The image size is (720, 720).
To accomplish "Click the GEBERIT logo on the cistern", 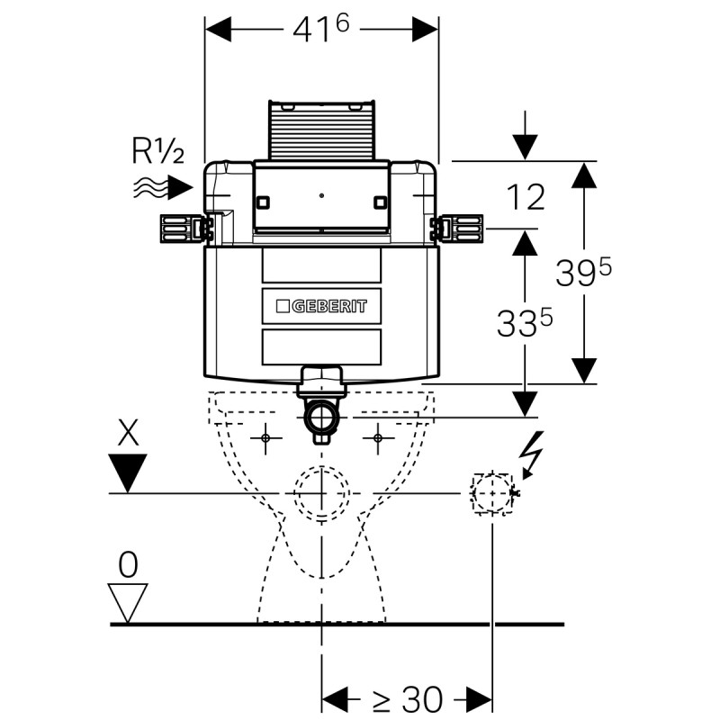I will (321, 305).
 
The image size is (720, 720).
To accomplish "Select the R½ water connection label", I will (157, 151).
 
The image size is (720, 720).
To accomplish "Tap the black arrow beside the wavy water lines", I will (181, 188).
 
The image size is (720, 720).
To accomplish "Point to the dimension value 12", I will (525, 197).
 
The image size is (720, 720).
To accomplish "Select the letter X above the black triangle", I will (129, 434).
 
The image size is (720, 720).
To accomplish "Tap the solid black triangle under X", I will (129, 470).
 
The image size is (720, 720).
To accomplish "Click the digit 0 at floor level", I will (128, 565).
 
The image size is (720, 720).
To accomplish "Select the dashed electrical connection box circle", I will (491, 492).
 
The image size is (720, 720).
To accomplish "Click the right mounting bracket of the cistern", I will (460, 229).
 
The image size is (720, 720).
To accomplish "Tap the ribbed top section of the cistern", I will (321, 130).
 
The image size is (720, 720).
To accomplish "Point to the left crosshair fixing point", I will (265, 438).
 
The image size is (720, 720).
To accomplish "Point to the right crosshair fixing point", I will (378, 438).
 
